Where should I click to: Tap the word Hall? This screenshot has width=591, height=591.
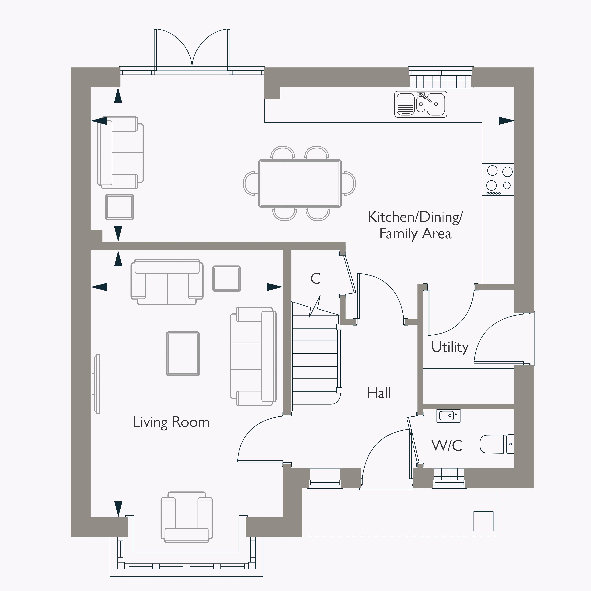pos(379,393)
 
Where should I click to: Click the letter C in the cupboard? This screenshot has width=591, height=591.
pos(316,278)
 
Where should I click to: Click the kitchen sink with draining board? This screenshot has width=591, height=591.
pos(421,104)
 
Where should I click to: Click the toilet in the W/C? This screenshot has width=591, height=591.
pos(497,444)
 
